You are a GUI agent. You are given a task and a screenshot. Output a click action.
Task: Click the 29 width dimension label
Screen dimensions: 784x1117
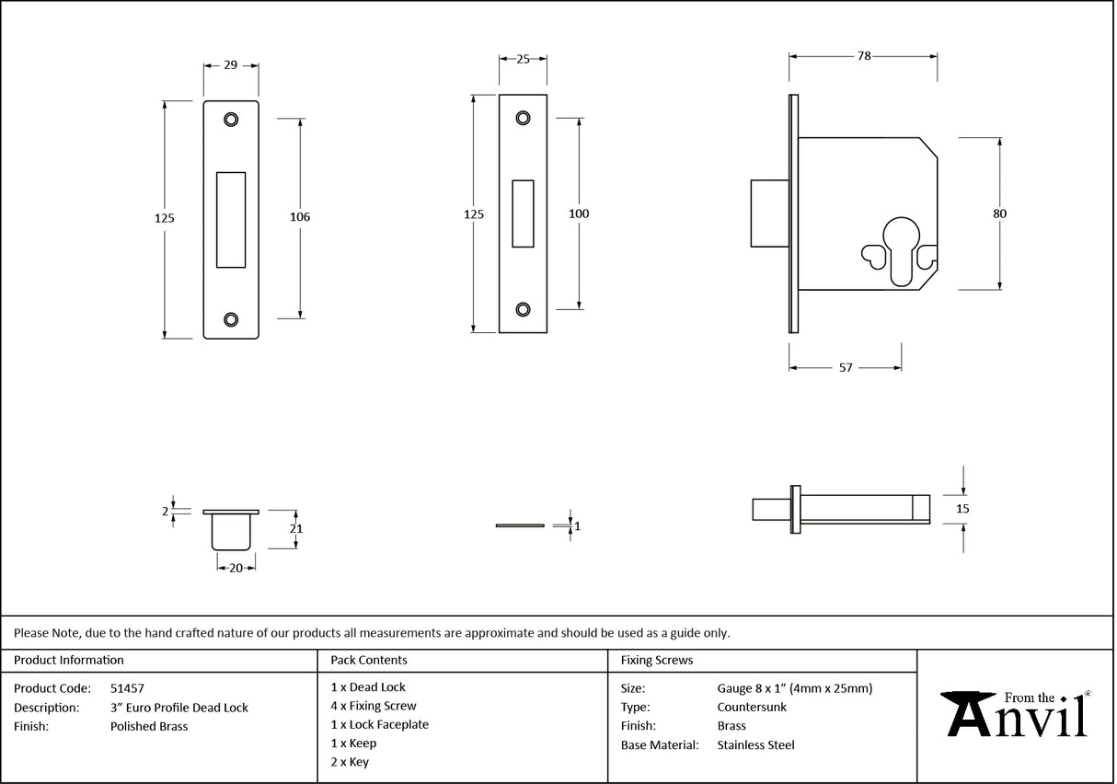230,65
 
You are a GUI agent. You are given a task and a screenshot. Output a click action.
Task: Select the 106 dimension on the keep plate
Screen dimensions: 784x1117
300,217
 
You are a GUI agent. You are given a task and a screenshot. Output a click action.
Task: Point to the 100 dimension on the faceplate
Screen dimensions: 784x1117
579,213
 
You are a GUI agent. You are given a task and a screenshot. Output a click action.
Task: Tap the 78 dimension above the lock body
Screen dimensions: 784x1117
863,56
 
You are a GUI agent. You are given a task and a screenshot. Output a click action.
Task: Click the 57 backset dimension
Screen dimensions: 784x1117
845,367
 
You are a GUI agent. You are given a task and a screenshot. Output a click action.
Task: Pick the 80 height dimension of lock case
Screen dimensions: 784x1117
999,213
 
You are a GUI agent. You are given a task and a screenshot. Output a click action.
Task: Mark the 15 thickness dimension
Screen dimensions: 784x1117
963,508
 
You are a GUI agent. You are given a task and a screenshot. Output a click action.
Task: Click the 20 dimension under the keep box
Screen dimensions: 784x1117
236,568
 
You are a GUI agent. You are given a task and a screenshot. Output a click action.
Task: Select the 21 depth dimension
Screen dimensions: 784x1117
296,529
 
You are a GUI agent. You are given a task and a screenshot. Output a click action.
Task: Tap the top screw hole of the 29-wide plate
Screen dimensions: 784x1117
230,119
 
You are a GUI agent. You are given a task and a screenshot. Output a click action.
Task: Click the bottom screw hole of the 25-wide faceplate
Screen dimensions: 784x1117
523,309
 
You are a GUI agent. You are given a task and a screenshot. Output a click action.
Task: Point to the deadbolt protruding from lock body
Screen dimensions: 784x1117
768,213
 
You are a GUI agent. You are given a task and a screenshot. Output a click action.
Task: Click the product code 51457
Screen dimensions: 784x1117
127,687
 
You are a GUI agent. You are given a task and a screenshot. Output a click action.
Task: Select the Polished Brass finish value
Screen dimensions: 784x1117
148,726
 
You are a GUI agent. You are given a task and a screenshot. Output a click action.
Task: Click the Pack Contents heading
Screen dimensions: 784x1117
368,660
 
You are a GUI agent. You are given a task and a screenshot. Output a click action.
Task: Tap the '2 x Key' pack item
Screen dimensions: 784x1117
350,762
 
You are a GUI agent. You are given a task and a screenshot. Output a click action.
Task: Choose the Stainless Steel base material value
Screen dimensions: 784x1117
755,745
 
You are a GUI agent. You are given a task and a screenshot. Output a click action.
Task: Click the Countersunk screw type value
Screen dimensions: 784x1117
751,707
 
